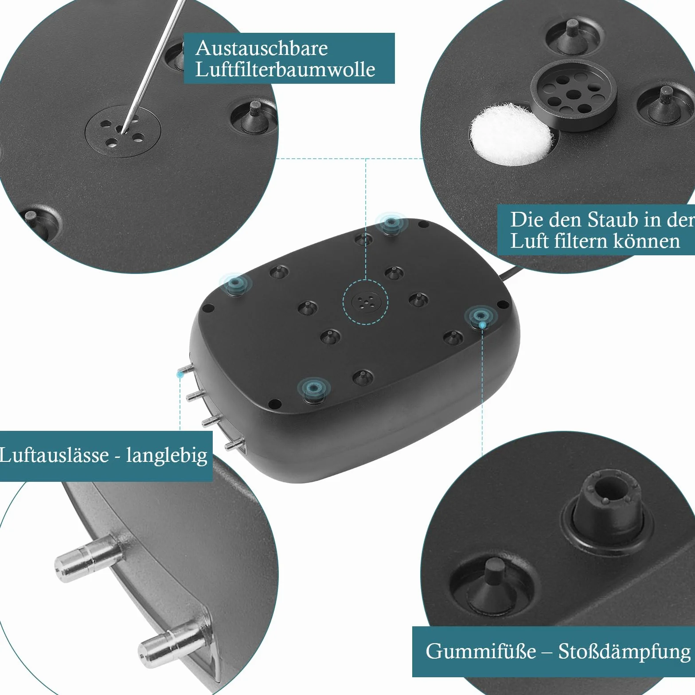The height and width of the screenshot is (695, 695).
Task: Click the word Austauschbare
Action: [x=262, y=48]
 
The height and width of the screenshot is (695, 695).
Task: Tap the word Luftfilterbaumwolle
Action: [x=285, y=70]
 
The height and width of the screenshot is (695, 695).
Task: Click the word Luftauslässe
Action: [x=54, y=455]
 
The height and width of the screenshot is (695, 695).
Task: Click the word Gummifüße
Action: [x=480, y=651]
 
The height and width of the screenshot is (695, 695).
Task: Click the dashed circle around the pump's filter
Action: [x=365, y=302]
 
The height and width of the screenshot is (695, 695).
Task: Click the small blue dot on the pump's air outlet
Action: [x=180, y=375]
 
